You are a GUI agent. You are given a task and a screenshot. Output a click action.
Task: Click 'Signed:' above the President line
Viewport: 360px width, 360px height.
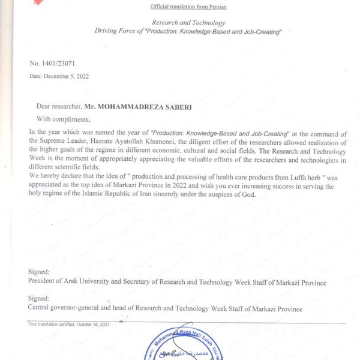tap(39, 271)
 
